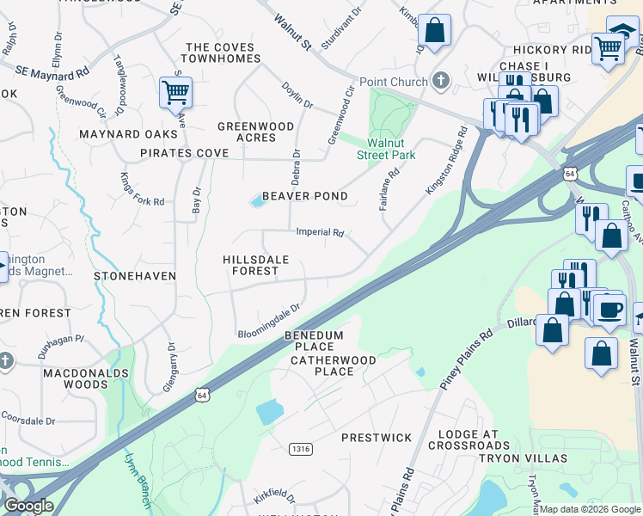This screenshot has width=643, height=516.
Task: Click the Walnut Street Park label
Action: coord(386,149)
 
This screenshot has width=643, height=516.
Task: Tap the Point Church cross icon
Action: coord(441,82)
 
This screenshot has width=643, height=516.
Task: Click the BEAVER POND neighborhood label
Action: coord(305,196)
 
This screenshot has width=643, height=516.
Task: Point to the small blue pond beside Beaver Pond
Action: coord(257,201)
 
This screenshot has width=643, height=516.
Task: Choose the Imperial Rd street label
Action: coord(320,232)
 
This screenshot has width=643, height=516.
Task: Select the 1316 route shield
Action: coord(300,448)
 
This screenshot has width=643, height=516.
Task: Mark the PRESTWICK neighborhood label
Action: coord(377,438)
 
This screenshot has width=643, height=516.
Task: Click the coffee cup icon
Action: coord(609,308)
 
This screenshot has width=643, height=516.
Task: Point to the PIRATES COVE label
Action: coord(185,153)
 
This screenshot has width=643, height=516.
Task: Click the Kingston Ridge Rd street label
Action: coord(446,161)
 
